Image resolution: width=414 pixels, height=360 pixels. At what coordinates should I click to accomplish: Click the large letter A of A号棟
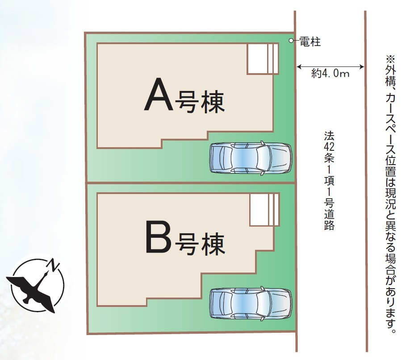(x=158, y=95)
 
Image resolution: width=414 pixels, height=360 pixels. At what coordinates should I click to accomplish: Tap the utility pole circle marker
(x=291, y=41)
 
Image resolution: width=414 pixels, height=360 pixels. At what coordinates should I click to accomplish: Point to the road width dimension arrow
(x=330, y=67)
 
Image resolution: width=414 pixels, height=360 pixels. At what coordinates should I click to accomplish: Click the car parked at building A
(x=250, y=157)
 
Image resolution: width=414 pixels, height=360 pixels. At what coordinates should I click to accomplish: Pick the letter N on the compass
(x=54, y=265)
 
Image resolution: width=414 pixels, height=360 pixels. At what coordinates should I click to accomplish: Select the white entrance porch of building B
(x=264, y=210)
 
